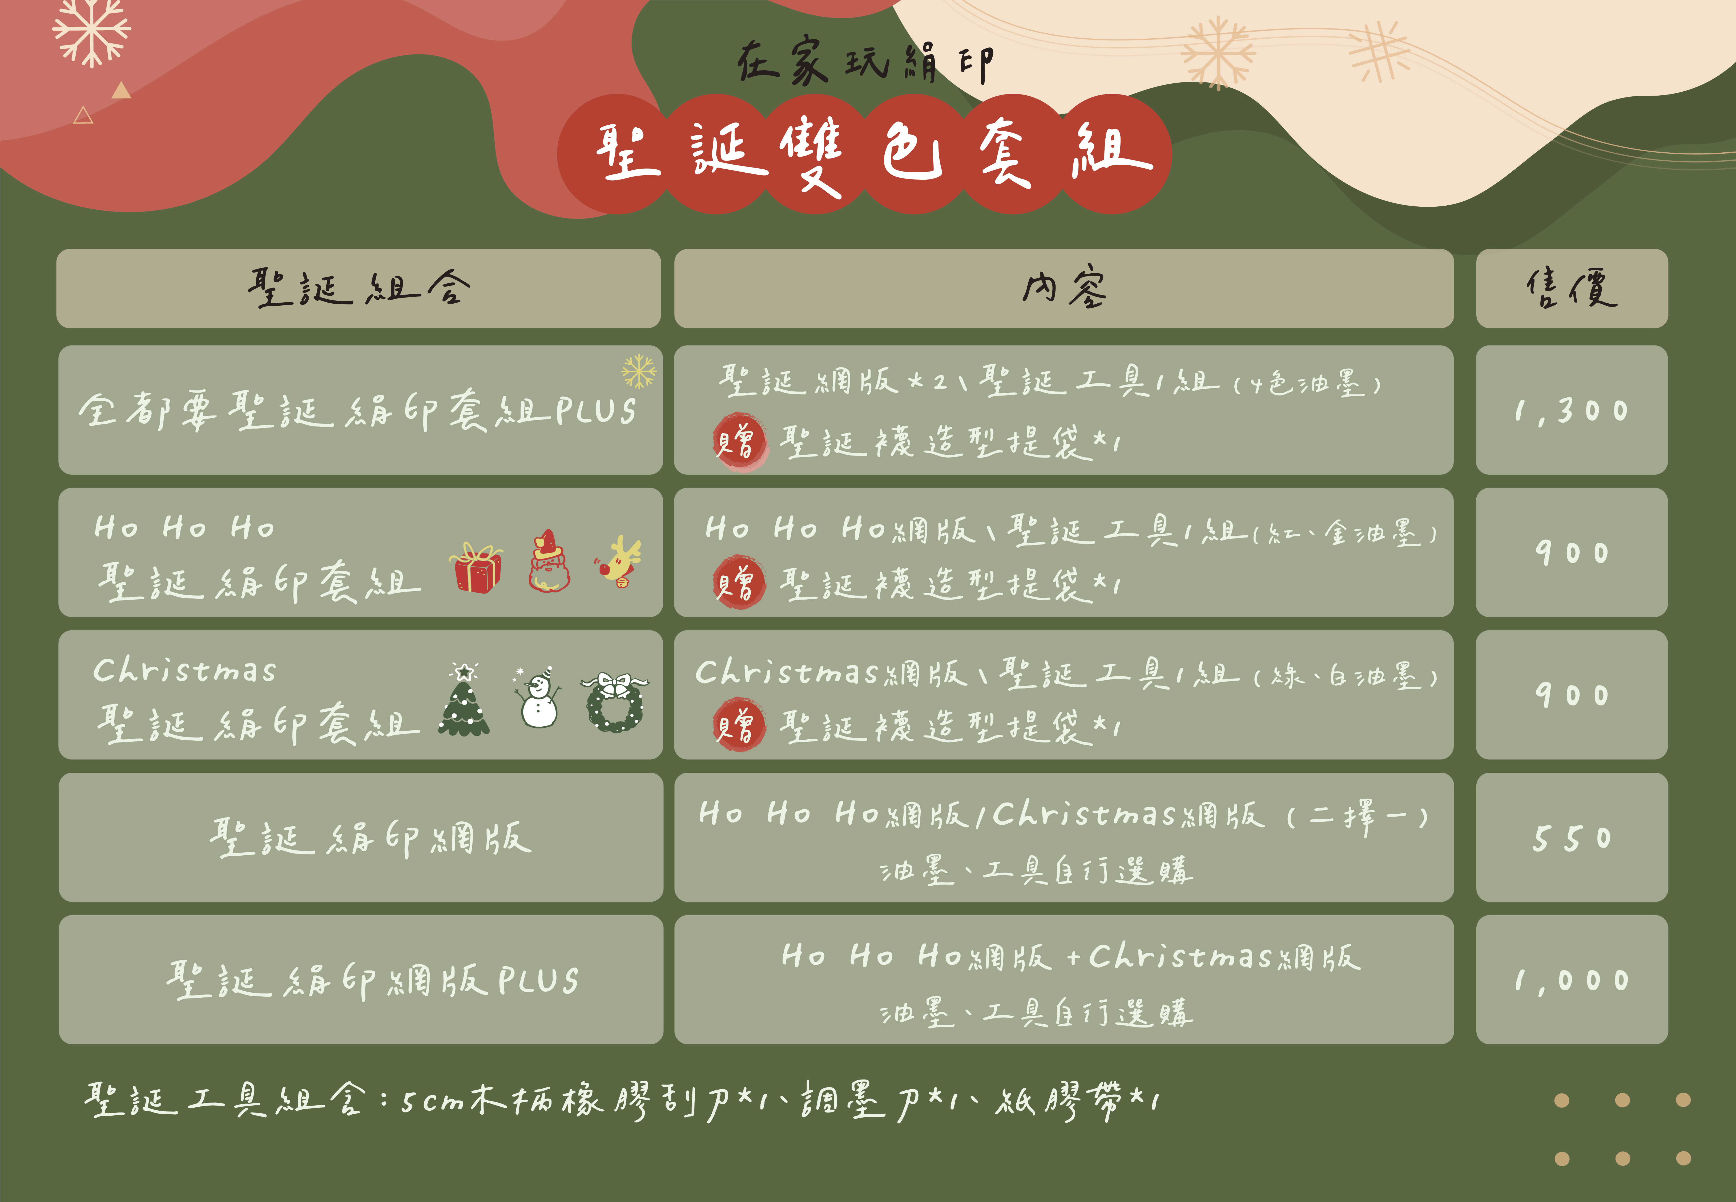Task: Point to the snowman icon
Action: (x=538, y=697)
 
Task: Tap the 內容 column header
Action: (x=1064, y=288)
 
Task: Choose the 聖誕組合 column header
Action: (x=359, y=288)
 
